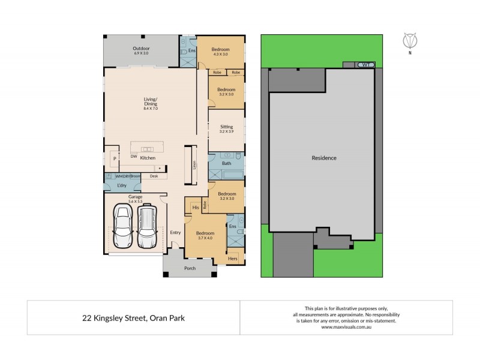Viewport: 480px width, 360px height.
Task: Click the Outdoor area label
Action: tap(142, 49)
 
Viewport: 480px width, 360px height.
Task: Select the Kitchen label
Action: tap(148, 158)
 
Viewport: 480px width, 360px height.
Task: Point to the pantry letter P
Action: tap(113, 158)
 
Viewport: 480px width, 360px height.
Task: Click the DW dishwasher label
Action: tap(133, 156)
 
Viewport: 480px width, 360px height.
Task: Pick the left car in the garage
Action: tap(125, 228)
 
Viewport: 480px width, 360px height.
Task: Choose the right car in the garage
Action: tap(148, 228)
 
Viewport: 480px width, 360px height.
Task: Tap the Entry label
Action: tap(175, 233)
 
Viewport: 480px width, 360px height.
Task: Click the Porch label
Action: tap(190, 268)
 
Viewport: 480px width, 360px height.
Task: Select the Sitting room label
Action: tap(227, 127)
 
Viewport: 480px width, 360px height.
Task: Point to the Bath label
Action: tap(226, 163)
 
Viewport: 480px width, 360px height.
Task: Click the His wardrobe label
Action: tap(195, 208)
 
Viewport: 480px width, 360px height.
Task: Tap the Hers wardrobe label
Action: tap(233, 259)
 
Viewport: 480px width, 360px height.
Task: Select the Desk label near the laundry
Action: tap(154, 176)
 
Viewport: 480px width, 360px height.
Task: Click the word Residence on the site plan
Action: tap(324, 158)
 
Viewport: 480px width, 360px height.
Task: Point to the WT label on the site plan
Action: tap(365, 64)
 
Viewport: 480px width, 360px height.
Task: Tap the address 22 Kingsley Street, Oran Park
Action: tap(133, 317)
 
